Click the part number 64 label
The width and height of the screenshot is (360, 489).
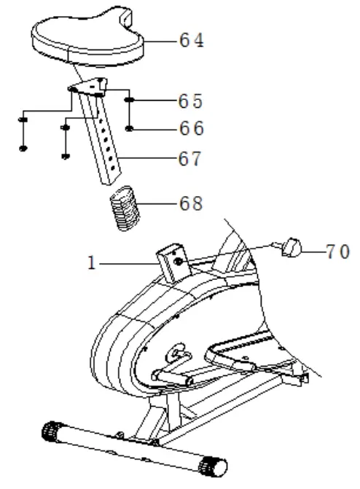(192, 41)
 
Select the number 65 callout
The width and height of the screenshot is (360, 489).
(192, 100)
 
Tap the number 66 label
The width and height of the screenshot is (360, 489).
(192, 129)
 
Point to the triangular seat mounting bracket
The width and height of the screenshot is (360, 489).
(89, 87)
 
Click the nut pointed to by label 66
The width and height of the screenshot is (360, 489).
(129, 129)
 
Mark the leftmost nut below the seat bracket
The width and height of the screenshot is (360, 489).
(23, 148)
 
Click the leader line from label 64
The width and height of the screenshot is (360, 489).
(163, 42)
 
